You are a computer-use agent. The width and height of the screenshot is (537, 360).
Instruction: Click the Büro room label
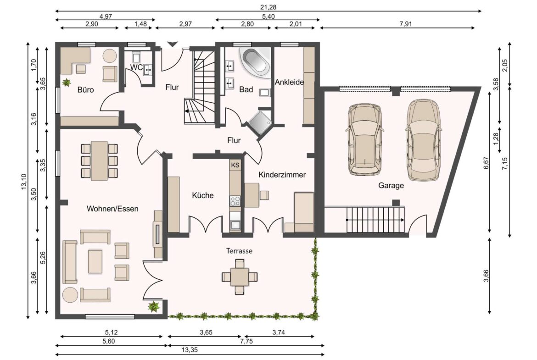coord(86,90)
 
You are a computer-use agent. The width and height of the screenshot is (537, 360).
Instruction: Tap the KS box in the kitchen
coord(235,165)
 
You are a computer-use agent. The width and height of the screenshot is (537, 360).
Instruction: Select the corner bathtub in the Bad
coord(255,61)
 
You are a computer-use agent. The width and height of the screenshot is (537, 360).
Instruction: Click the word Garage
coord(391,185)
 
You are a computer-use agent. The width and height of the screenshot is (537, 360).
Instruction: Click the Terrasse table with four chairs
coord(240,277)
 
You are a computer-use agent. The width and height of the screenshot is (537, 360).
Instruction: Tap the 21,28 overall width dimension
coord(268,7)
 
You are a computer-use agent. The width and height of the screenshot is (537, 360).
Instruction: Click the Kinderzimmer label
coord(282,175)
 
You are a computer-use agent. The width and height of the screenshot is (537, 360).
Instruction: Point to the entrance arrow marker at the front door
coord(172,44)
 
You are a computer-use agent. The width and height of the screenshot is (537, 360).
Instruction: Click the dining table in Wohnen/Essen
coord(99,161)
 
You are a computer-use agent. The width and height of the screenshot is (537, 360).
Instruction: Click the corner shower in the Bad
coord(260,122)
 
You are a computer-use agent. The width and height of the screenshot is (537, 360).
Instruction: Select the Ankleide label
coord(290,82)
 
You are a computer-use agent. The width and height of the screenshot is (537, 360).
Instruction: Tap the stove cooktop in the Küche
coord(235,201)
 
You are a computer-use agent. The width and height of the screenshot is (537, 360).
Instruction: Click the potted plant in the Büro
coord(67,83)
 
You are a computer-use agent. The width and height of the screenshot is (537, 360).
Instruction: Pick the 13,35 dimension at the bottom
coord(190,350)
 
